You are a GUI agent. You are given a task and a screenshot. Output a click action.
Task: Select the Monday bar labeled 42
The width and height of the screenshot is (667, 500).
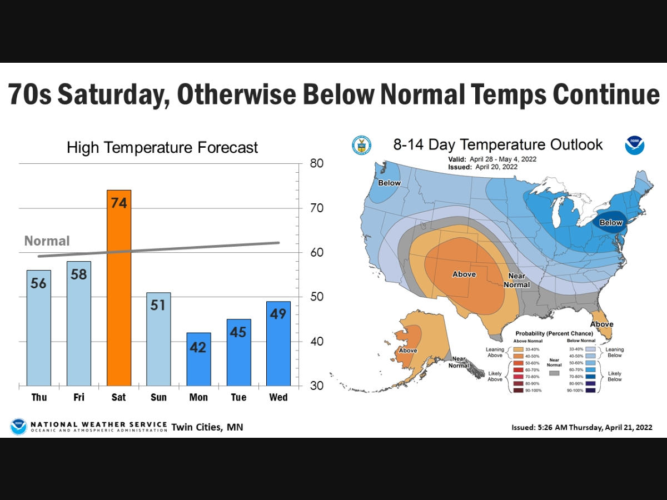click(x=198, y=359)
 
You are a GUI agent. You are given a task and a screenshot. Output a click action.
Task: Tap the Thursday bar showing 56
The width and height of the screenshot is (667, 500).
click(x=39, y=328)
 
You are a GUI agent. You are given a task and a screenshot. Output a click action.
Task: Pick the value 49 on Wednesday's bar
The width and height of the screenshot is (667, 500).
click(x=278, y=314)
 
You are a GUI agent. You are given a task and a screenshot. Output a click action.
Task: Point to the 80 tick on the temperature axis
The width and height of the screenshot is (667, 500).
click(x=317, y=164)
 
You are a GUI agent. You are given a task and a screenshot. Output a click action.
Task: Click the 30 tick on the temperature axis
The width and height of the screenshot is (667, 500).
click(x=317, y=386)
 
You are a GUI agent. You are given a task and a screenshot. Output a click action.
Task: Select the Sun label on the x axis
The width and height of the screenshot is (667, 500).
click(x=158, y=397)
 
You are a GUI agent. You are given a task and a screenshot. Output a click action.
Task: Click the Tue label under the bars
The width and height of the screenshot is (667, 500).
click(x=238, y=397)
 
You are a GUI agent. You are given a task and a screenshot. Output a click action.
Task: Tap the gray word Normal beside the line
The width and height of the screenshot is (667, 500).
click(x=47, y=241)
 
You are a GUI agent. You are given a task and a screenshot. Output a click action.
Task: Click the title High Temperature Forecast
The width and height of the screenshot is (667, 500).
click(x=162, y=148)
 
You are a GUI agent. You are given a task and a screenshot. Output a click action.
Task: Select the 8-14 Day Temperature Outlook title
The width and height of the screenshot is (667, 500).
click(x=497, y=145)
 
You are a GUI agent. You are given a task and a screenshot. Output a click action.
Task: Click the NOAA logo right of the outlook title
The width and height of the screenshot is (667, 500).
click(x=634, y=146)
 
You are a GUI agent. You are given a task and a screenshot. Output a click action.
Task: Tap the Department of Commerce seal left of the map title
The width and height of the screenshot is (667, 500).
click(x=361, y=146)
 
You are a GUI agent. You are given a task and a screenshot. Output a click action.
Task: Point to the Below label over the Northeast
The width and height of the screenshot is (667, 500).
click(x=611, y=222)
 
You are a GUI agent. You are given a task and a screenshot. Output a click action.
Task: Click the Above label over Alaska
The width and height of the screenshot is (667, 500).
click(x=408, y=351)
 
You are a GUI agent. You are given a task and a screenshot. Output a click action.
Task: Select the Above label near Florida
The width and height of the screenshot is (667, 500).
click(x=601, y=324)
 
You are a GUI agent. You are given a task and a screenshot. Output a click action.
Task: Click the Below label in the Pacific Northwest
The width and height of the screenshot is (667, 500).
click(x=389, y=183)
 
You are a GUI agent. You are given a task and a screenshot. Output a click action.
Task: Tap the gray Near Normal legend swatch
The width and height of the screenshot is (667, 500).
click(x=554, y=374)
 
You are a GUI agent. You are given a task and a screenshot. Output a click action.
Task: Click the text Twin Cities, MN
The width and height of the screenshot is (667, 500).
click(x=207, y=427)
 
